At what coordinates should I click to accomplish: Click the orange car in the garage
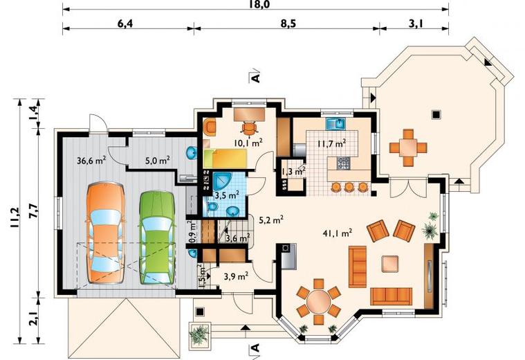(x=105, y=233)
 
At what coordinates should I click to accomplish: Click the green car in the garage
(x=158, y=237)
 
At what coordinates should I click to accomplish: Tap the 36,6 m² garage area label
(x=91, y=160)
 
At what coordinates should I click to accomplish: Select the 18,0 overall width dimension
(x=260, y=4)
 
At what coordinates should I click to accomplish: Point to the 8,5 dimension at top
(x=287, y=24)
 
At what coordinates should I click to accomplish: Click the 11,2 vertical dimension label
(x=15, y=218)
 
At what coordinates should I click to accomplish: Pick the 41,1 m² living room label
(x=337, y=233)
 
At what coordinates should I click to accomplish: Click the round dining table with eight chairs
(x=319, y=301)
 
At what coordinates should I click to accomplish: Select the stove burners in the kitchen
(x=342, y=163)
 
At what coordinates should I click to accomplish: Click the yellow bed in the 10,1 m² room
(x=224, y=159)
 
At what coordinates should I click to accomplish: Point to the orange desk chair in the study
(x=249, y=127)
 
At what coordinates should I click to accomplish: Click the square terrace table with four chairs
(x=408, y=147)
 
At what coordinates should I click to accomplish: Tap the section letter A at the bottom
(x=255, y=348)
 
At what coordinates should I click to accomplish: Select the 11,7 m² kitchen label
(x=331, y=144)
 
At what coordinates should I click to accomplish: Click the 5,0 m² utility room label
(x=157, y=160)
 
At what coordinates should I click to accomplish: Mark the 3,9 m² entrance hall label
(x=236, y=276)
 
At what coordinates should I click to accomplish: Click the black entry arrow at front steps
(x=246, y=327)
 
